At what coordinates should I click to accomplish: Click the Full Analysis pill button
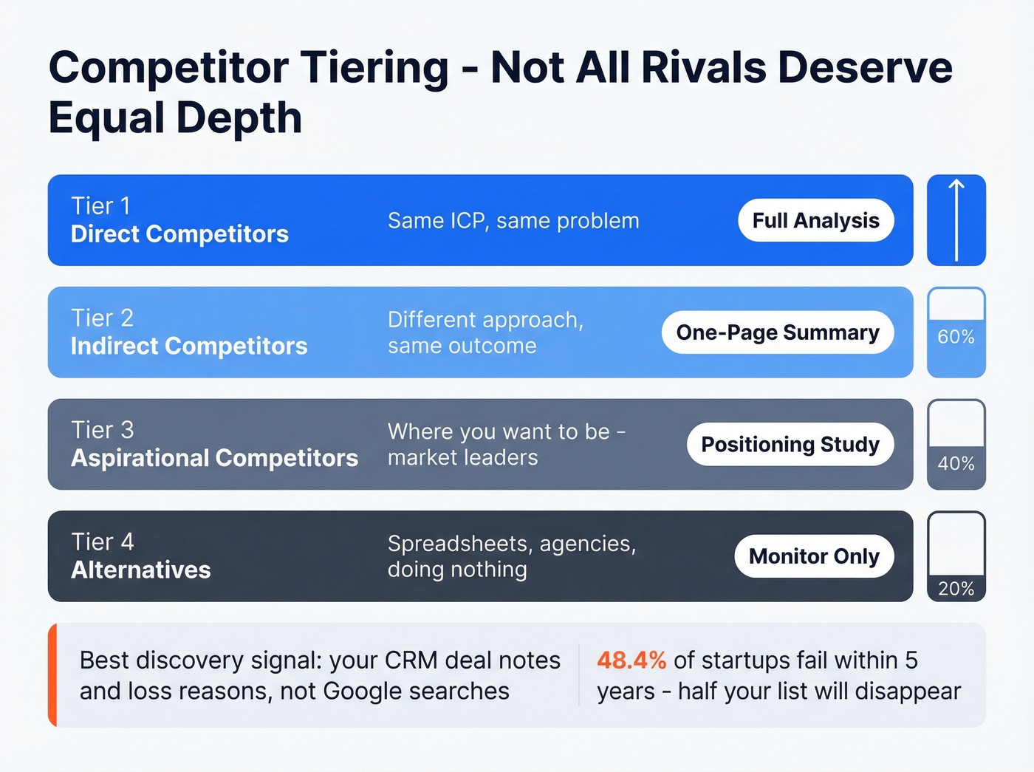815,220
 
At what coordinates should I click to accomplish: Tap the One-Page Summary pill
777,332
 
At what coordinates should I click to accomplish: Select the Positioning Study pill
790,444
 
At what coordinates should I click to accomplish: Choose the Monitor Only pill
814,556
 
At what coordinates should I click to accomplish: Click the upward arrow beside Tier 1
956,220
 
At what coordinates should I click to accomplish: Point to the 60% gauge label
956,337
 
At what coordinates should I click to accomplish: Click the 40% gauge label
956,463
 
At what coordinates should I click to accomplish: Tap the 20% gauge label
956,589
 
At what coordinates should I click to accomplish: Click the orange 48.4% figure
631,660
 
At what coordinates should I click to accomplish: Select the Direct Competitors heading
179,234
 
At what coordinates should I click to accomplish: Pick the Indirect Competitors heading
189,346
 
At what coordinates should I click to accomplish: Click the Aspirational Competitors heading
214,458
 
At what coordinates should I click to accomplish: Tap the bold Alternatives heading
141,570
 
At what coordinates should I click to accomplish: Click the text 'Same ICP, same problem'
513,221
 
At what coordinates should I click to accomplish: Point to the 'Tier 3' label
103,430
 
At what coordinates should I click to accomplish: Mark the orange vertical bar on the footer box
52,675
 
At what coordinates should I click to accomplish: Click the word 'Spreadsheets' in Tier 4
459,544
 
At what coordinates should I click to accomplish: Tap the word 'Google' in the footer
362,691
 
